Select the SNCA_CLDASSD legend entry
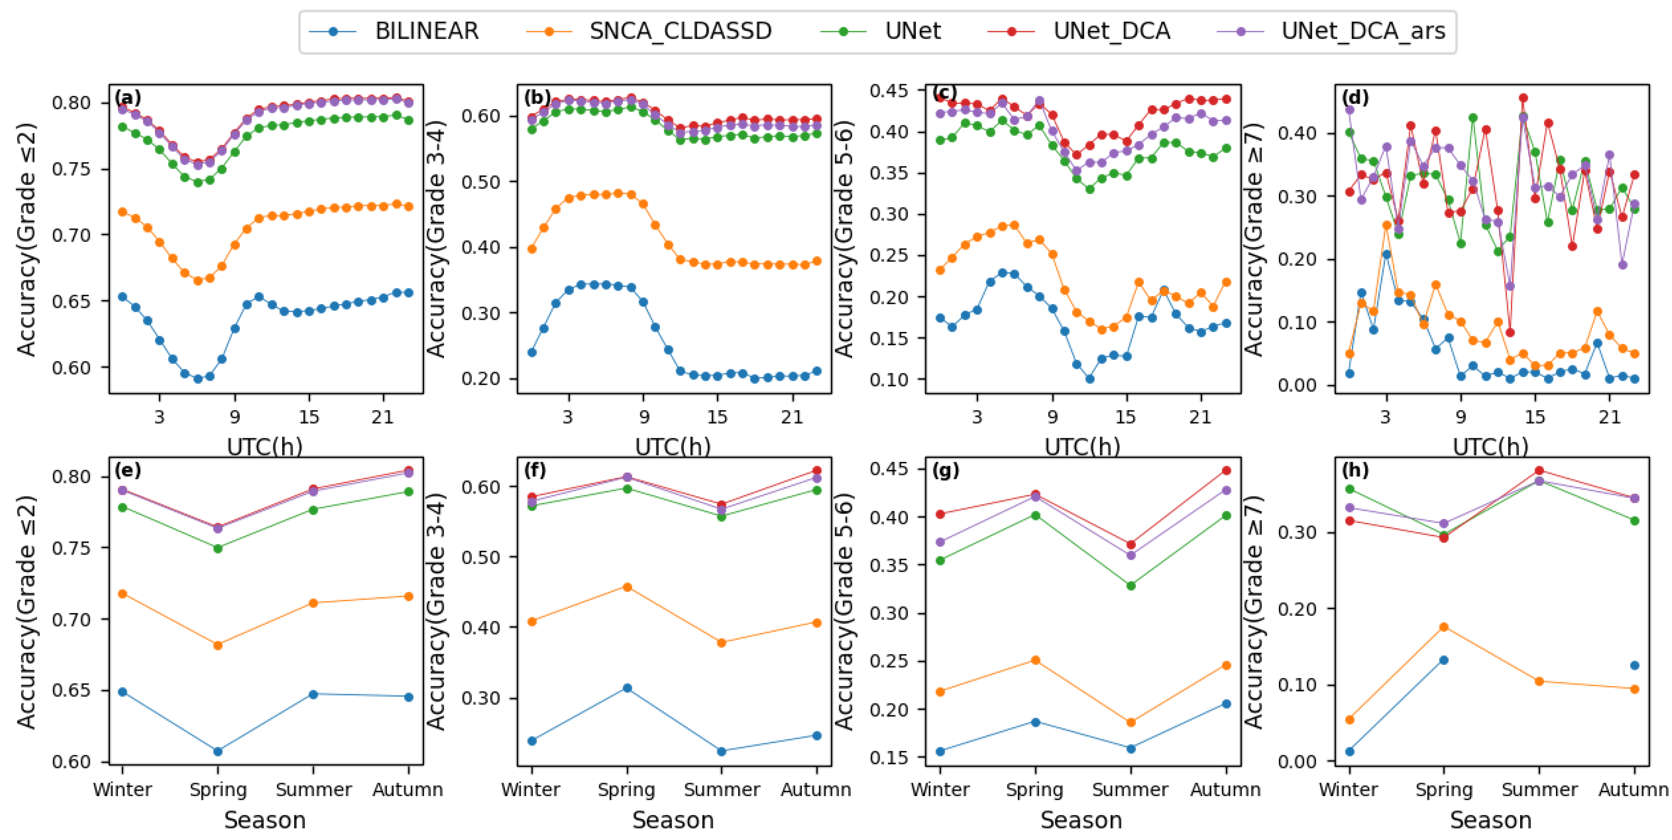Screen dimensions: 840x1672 [680, 31]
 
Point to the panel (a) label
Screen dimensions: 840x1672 [127, 98]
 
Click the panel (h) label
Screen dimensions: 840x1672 [1355, 470]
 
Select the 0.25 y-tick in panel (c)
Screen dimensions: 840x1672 [889, 256]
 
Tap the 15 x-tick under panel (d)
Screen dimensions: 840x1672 [1534, 416]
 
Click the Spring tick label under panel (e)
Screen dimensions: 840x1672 [218, 790]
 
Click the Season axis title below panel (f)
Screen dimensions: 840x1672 [673, 821]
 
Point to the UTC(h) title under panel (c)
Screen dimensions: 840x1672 [1082, 447]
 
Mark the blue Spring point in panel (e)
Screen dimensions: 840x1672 [218, 751]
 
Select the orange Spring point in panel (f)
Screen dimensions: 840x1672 [627, 587]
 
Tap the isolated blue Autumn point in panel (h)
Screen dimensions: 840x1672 [1635, 666]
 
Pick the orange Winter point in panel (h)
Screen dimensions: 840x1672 [1350, 719]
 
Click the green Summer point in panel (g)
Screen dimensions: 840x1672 [1131, 585]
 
